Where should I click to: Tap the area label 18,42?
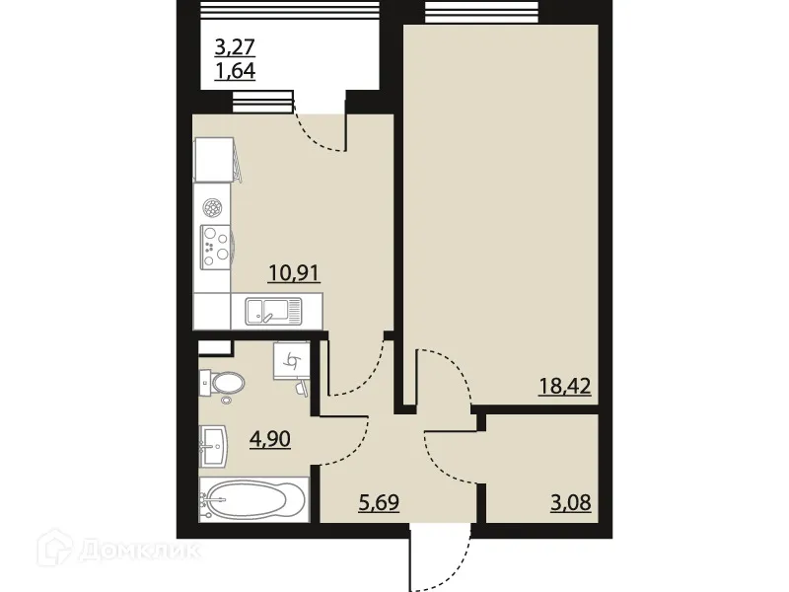[x=564, y=385]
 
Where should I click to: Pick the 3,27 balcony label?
[x=237, y=45]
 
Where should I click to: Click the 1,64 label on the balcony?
[x=237, y=71]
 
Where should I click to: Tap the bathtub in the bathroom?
[x=254, y=495]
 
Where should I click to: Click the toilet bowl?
[x=222, y=382]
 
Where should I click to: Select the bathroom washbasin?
[x=213, y=445]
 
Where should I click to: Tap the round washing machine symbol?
[x=212, y=207]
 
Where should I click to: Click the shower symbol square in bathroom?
[x=291, y=363]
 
